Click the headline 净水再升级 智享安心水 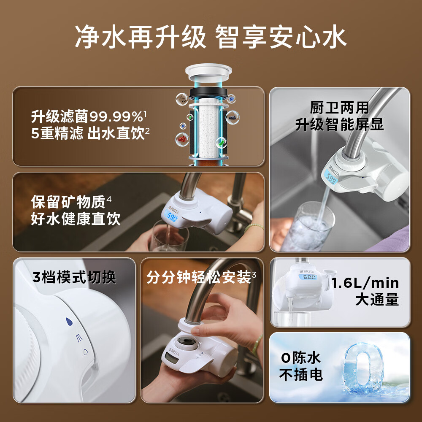pos(211,37)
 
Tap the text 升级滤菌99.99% pos(87,116)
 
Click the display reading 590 pos(172,216)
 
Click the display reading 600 pos(309,277)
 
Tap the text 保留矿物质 pos(68,202)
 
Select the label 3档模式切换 pos(74,277)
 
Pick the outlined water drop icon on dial pos(85,352)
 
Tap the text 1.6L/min pos(365,283)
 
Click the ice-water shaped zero pos(363,367)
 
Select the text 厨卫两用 pos(339,108)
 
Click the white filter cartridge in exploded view pos(208,128)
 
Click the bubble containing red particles pos(182,140)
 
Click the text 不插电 pos(300,375)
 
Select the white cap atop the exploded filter pos(208,72)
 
